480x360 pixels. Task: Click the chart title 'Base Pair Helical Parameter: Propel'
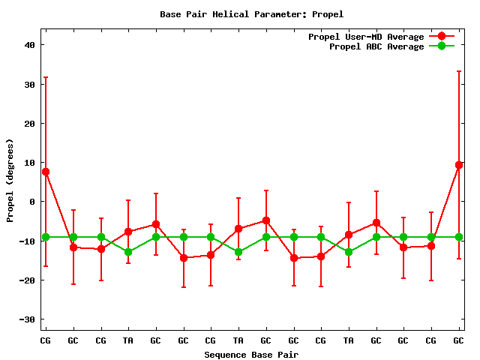pyautogui.click(x=251, y=14)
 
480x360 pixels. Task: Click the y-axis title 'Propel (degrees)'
pyautogui.click(x=10, y=180)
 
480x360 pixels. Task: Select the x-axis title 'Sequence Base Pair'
pyautogui.click(x=251, y=354)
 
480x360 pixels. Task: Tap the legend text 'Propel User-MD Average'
pyautogui.click(x=366, y=37)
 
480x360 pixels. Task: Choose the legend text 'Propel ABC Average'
pyautogui.click(x=376, y=46)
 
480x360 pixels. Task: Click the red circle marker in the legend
pyautogui.click(x=442, y=37)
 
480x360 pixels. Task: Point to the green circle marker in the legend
pyautogui.click(x=442, y=46)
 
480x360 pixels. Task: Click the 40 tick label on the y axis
pyautogui.click(x=30, y=45)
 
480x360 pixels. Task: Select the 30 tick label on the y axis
pyautogui.click(x=30, y=84)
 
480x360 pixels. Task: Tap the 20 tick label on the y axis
pyautogui.click(x=30, y=124)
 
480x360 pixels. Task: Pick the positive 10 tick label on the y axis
pyautogui.click(x=30, y=163)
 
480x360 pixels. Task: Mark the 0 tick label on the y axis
pyautogui.click(x=33, y=202)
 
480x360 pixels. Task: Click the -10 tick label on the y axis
pyautogui.click(x=28, y=241)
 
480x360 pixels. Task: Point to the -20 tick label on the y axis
pyautogui.click(x=28, y=280)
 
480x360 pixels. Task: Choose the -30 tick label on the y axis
pyautogui.click(x=28, y=319)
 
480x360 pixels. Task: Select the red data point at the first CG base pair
pyautogui.click(x=46, y=172)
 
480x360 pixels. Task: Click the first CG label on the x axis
pyautogui.click(x=46, y=341)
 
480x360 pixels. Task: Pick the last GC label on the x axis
pyautogui.click(x=459, y=341)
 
